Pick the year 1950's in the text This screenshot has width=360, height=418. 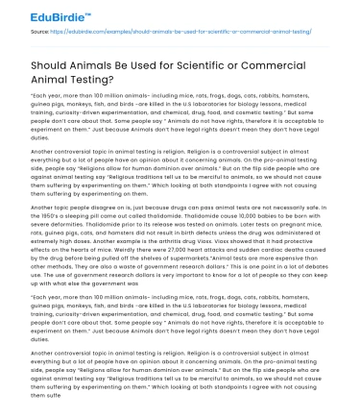coord(37,212)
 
